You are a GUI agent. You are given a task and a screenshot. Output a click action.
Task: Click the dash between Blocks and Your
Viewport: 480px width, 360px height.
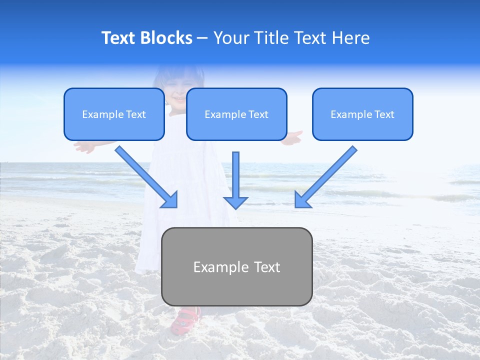click(202, 38)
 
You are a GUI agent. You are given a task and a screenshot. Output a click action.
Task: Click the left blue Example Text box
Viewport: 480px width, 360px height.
click(114, 114)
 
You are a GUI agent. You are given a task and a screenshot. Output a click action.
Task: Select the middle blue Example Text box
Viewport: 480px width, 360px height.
click(236, 114)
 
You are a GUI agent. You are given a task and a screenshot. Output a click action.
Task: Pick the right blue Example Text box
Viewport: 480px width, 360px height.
click(362, 114)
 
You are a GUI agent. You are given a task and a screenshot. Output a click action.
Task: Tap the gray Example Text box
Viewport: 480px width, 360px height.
click(236, 266)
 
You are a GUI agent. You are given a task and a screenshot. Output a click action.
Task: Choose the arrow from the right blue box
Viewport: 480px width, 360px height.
click(325, 177)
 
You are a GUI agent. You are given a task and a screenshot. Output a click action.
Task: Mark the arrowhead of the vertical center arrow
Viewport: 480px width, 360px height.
click(235, 202)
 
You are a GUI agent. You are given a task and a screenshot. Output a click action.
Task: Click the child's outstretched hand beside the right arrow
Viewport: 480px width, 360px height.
click(294, 137)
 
